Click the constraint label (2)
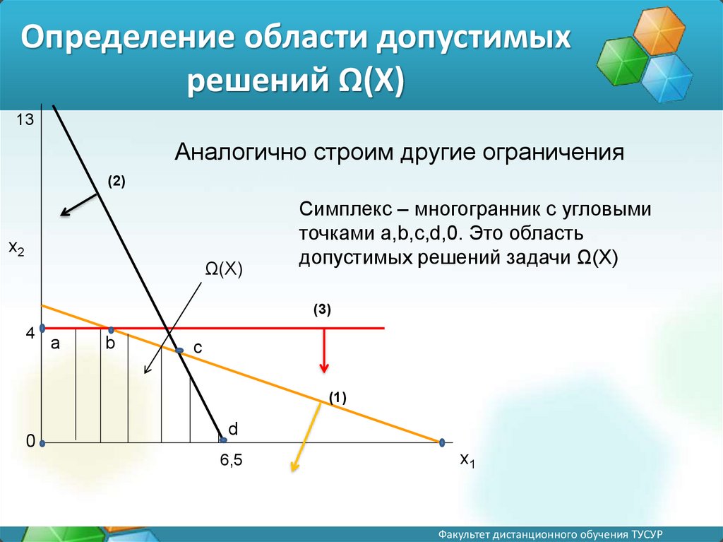(116, 182)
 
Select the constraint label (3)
(322, 310)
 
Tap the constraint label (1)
(337, 398)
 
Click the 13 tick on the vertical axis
(25, 119)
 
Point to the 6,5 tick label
(231, 460)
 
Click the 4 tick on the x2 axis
(30, 333)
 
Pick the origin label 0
(30, 442)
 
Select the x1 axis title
(467, 460)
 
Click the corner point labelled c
(179, 351)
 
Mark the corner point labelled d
(222, 440)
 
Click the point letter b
(110, 343)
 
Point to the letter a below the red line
(55, 343)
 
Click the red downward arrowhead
(324, 367)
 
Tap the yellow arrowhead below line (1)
(294, 466)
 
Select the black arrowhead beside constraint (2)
(66, 212)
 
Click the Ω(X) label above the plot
(224, 269)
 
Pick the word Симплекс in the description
(345, 210)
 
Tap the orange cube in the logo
(659, 30)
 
